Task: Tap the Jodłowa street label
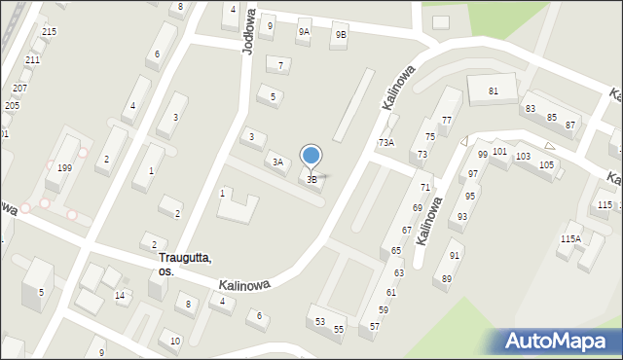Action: tap(248, 31)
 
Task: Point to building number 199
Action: tap(64, 168)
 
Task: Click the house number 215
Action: tap(49, 32)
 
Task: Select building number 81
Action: tap(494, 90)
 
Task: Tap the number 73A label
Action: tap(386, 142)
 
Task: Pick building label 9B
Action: tap(340, 35)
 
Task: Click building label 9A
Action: tap(304, 32)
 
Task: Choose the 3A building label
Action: tap(277, 162)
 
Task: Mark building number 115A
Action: tap(570, 238)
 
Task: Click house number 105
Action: tap(546, 165)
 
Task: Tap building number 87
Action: tap(570, 126)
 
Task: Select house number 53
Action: tap(319, 321)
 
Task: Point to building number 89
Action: tap(447, 279)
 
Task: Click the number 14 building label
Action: tap(119, 295)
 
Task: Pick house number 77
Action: tap(446, 121)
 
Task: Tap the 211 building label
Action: tap(32, 60)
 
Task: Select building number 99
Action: tap(483, 155)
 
